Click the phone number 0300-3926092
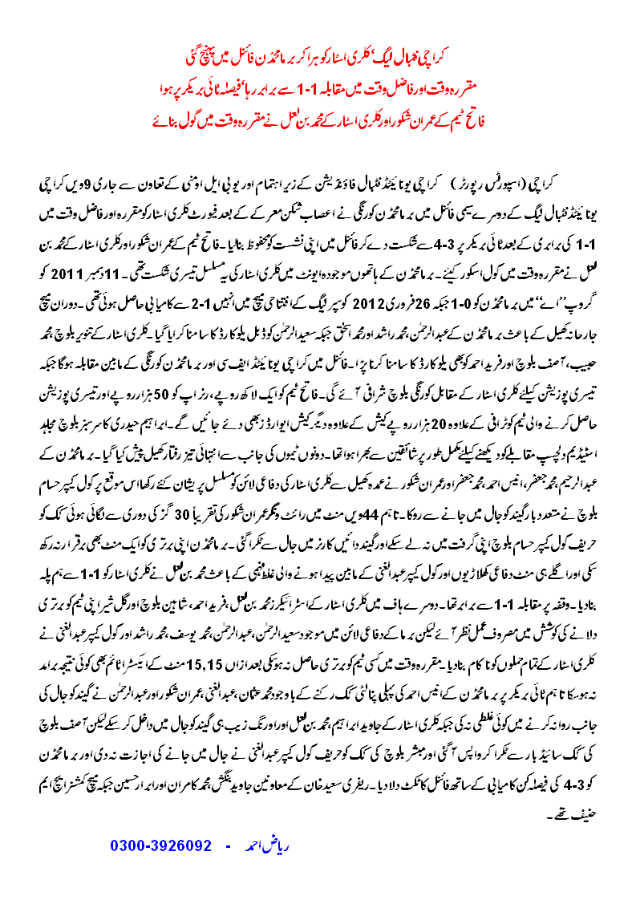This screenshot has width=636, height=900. point(160,845)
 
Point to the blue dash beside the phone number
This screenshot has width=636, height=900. point(228,845)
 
